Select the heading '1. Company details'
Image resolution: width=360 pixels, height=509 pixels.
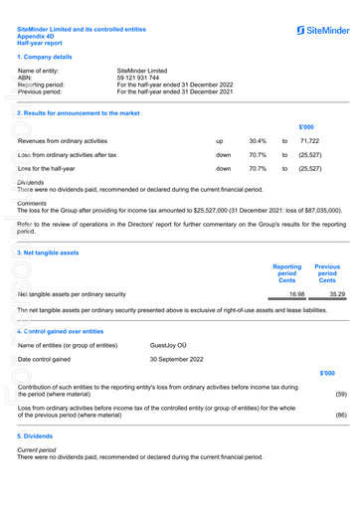click(x=45, y=58)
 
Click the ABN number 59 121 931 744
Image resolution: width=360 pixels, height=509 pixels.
click(x=146, y=79)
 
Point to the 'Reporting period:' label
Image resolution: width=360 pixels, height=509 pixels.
click(x=46, y=85)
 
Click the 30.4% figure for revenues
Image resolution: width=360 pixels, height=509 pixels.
click(x=258, y=141)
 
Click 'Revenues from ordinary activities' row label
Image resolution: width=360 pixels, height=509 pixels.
click(x=63, y=141)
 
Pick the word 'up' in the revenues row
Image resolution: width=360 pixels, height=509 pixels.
click(x=220, y=141)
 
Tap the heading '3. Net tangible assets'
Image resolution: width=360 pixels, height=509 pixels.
click(x=49, y=253)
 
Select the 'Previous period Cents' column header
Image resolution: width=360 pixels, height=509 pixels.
click(x=327, y=273)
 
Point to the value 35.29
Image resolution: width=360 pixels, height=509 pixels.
click(x=337, y=294)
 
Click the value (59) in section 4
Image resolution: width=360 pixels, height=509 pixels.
click(x=341, y=393)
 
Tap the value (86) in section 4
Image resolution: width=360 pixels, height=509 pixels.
click(x=341, y=415)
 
